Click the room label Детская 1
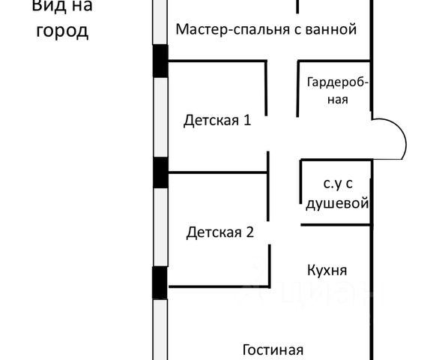(x=217, y=121)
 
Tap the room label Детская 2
(x=220, y=232)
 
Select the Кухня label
(x=327, y=270)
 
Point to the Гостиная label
(x=273, y=349)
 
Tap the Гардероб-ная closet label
(x=338, y=91)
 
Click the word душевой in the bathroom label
(x=337, y=202)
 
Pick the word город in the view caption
(x=62, y=31)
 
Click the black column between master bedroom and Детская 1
(x=160, y=61)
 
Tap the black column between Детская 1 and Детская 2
(x=160, y=172)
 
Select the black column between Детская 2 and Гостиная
(x=160, y=283)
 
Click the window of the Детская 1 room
(x=160, y=117)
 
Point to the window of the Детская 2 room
(x=160, y=227)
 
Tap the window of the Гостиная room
(x=160, y=329)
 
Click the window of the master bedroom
(x=160, y=22)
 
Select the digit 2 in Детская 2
(x=250, y=232)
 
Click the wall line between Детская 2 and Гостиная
(x=220, y=286)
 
